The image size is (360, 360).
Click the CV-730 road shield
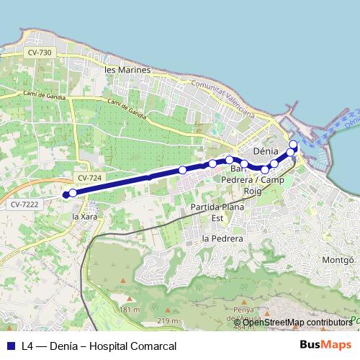tap(40, 53)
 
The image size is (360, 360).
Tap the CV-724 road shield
tap(89, 177)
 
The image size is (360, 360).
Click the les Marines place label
tap(127, 70)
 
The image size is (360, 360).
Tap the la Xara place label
tap(86, 216)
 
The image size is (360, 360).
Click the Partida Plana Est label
tap(217, 212)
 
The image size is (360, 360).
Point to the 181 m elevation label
tap(130, 310)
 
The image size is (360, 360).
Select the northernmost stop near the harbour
tap(293, 144)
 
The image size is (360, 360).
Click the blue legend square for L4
tap(11, 346)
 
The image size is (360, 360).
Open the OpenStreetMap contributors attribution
tap(297, 322)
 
